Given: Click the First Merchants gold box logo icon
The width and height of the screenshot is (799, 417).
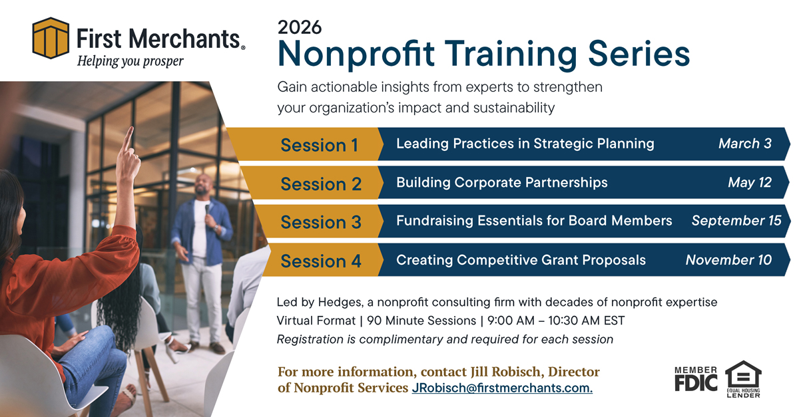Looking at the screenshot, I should pyautogui.click(x=51, y=39).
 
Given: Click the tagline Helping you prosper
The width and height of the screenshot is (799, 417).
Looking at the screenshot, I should pyautogui.click(x=131, y=61).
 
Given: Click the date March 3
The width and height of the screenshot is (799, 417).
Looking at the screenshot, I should pyautogui.click(x=744, y=144).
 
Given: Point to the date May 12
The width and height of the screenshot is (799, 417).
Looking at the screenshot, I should pyautogui.click(x=749, y=182).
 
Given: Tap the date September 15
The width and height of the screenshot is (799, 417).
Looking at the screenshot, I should pyautogui.click(x=736, y=221).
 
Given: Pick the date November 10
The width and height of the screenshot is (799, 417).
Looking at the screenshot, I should pyautogui.click(x=728, y=259).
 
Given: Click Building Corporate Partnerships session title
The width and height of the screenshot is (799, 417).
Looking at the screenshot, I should pyautogui.click(x=501, y=182).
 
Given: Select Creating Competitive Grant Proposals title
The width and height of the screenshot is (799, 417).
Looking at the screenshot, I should pyautogui.click(x=521, y=259).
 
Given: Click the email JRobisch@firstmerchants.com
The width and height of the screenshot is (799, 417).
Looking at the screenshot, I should pyautogui.click(x=502, y=388).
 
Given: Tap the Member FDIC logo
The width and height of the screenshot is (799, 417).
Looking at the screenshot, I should pyautogui.click(x=696, y=380).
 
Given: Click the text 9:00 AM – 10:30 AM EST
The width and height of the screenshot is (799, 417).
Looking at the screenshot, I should pyautogui.click(x=556, y=321).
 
